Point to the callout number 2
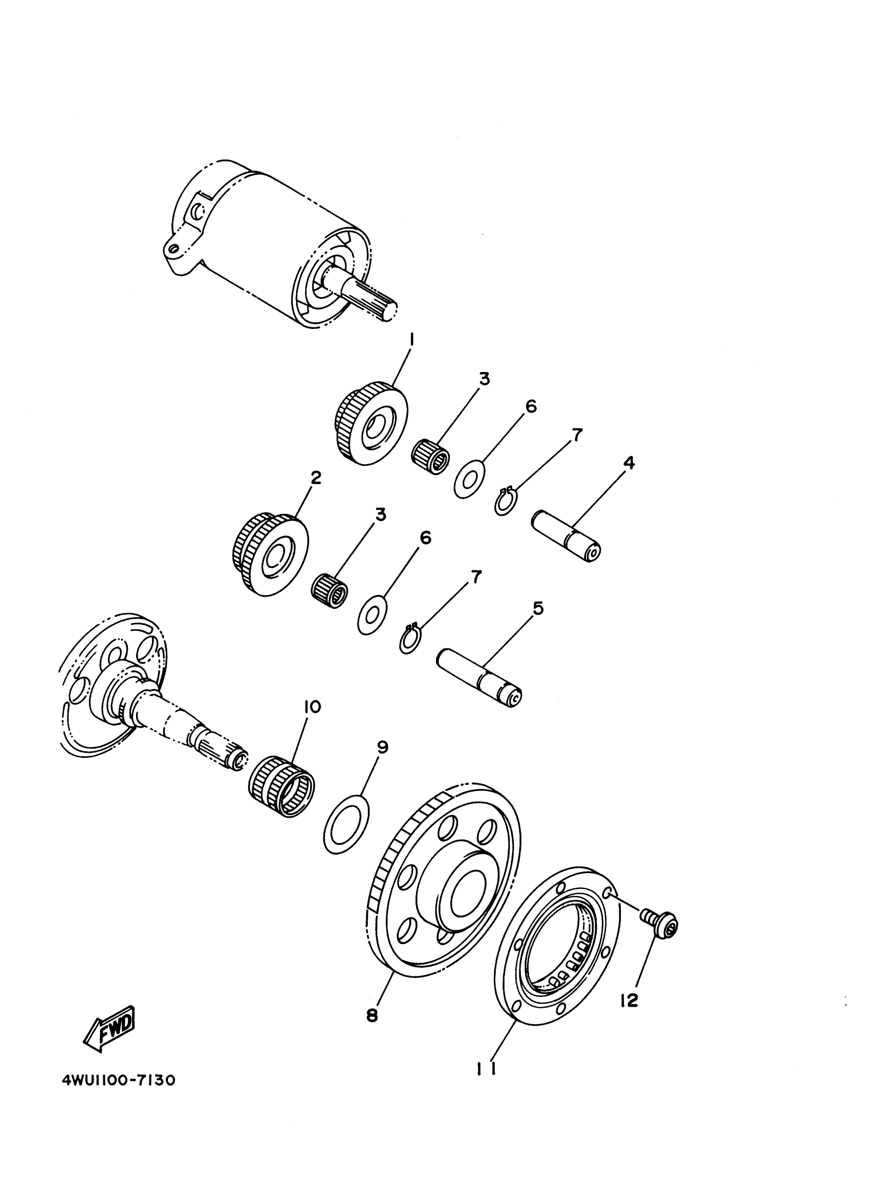[x=315, y=478]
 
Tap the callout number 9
[x=382, y=747]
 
